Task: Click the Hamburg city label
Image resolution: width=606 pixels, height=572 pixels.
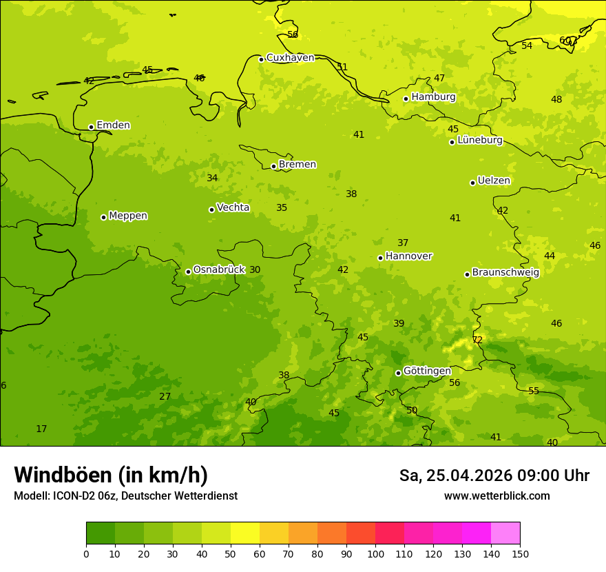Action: coord(433,97)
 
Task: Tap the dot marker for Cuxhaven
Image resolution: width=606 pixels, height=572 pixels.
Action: coord(261,59)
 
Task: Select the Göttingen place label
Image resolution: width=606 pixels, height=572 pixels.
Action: coord(427,371)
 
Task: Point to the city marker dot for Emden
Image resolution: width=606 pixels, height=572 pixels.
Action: coord(91,127)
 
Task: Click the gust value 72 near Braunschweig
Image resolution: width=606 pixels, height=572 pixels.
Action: coord(477,340)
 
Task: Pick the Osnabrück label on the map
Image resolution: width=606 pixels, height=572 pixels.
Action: coord(218,269)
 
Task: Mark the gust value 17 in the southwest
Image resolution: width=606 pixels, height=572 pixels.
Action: coord(41,429)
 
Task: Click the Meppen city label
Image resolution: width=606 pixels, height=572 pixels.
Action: coord(127,216)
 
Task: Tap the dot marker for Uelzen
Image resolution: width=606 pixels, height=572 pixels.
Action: coord(472,183)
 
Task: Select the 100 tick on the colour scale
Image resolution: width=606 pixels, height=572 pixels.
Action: coord(375,553)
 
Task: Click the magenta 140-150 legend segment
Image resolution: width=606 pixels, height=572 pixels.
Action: coord(505,533)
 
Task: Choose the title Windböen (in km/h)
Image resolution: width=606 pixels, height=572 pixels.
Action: coord(111,475)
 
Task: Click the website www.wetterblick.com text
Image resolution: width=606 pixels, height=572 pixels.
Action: coord(497,496)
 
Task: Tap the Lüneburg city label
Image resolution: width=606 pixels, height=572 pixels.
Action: coord(479,140)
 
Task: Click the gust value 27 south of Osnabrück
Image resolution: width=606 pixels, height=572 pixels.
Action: coord(165,396)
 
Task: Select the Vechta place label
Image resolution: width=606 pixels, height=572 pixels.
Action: coord(233,207)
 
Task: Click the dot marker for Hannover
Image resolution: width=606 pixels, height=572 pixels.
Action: coord(380,258)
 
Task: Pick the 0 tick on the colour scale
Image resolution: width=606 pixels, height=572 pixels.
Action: coord(86,553)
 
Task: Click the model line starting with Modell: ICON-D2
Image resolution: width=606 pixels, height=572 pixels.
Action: coord(125,496)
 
